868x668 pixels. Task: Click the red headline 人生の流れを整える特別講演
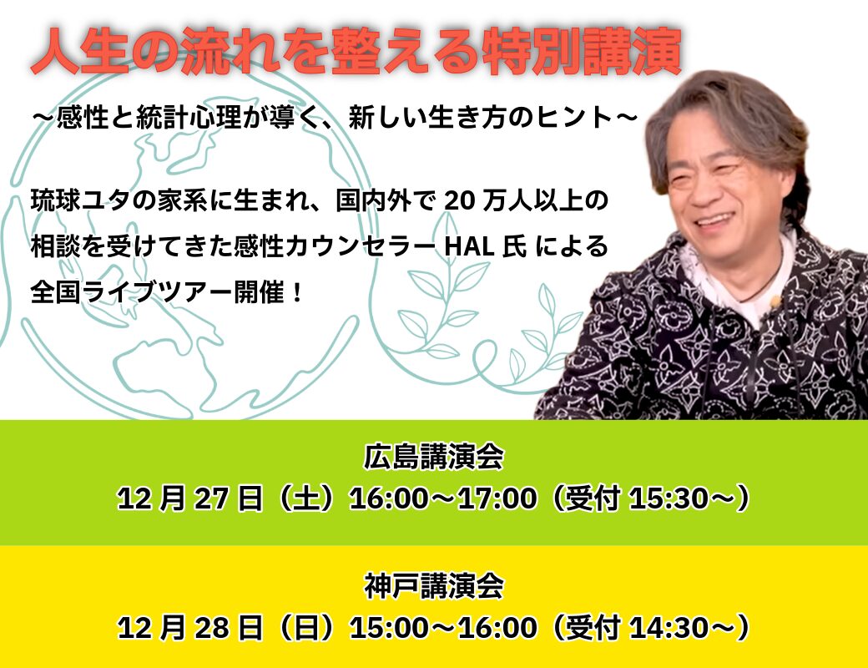[356, 51]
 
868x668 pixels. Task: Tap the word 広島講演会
[433, 457]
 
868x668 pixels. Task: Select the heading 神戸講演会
[433, 586]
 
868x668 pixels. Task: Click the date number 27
[211, 498]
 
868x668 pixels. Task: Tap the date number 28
[211, 628]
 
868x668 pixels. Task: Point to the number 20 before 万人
[460, 201]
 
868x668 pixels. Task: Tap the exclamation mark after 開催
[298, 292]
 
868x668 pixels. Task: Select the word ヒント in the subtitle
[575, 118]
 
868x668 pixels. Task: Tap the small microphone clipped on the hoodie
[775, 302]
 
